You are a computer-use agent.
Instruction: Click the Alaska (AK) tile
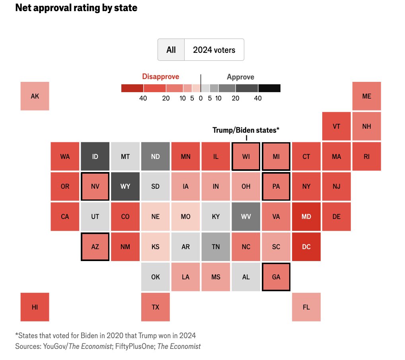pyautogui.click(x=35, y=96)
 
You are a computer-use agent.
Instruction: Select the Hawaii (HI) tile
pyautogui.click(x=35, y=307)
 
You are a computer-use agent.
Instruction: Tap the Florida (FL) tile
pyautogui.click(x=306, y=307)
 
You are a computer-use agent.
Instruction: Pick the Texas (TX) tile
pyautogui.click(x=156, y=307)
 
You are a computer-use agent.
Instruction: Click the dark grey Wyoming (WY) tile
pyautogui.click(x=125, y=186)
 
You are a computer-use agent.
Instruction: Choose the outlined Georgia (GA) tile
pyautogui.click(x=276, y=277)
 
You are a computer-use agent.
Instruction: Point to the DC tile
pyautogui.click(x=306, y=246)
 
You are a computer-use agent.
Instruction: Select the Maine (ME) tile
pyautogui.click(x=367, y=96)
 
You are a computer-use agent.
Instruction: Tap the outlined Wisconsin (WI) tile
pyautogui.click(x=246, y=156)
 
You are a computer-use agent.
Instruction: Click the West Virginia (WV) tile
pyautogui.click(x=246, y=217)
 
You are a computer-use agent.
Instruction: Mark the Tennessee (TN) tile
pyautogui.click(x=216, y=246)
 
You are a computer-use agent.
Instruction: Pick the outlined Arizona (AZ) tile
pyautogui.click(x=95, y=246)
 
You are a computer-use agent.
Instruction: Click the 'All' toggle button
pyautogui.click(x=171, y=50)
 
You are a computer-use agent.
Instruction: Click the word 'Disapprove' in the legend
pyautogui.click(x=161, y=77)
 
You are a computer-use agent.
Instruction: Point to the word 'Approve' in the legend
pyautogui.click(x=240, y=77)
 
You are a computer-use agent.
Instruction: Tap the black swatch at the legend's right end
pyautogui.click(x=269, y=88)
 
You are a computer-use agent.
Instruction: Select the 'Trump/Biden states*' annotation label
pyautogui.click(x=246, y=130)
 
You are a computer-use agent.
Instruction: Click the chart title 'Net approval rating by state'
pyautogui.click(x=76, y=8)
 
